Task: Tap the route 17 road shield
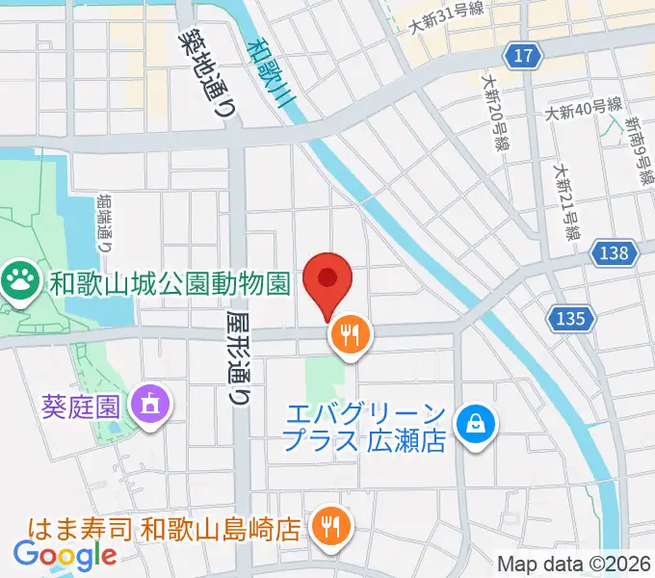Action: click(522, 57)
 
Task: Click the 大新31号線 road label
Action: click(446, 18)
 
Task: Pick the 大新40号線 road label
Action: click(583, 111)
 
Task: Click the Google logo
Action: click(65, 555)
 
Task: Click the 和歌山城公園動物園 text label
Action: click(170, 283)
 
